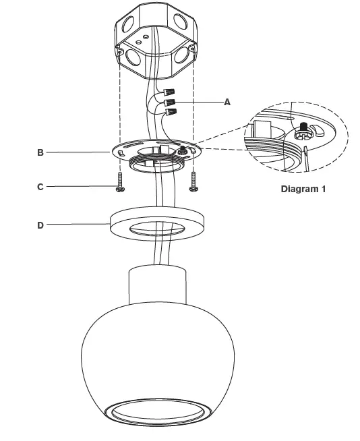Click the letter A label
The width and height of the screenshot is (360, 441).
point(227,102)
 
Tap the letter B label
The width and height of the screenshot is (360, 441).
point(40,153)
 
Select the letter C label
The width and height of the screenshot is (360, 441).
point(40,187)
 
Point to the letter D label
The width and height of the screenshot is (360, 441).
point(40,225)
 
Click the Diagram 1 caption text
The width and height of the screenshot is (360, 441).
point(303,189)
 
